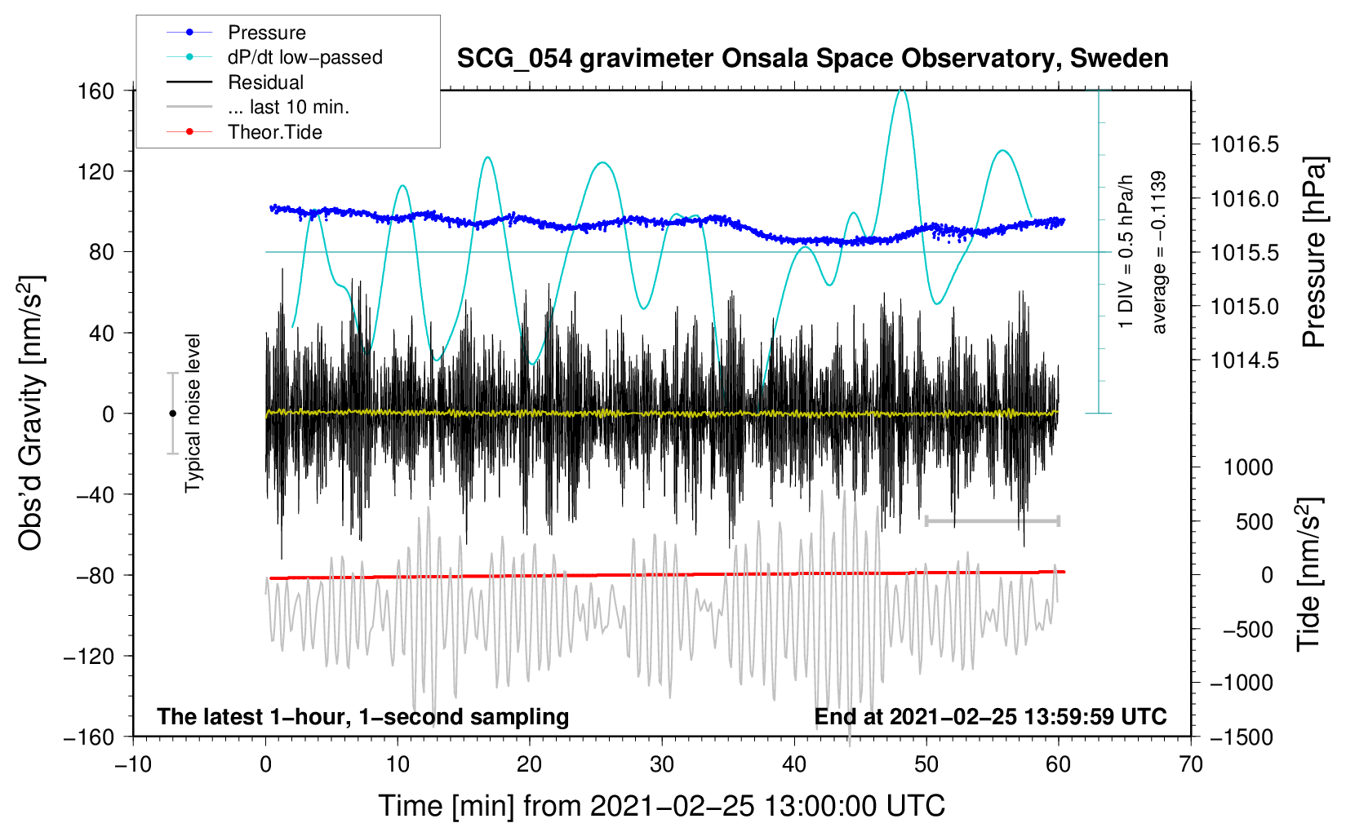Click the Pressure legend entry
tap(266, 33)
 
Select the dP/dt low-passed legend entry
tap(304, 57)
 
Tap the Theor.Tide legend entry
tap(274, 132)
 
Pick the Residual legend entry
tap(265, 82)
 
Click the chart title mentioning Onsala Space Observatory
tap(812, 59)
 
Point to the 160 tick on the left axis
tap(96, 91)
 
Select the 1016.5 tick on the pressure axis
tap(1245, 144)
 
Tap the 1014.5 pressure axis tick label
tap(1245, 360)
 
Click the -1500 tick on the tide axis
tap(1242, 737)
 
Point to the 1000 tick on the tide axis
tap(1248, 467)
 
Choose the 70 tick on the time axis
tap(1191, 764)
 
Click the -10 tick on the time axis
tap(133, 764)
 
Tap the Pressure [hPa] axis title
tap(1313, 252)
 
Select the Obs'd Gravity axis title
tap(31, 413)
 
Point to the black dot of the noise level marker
tap(172, 414)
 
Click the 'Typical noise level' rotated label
tap(193, 413)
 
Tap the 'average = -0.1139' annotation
tap(1159, 252)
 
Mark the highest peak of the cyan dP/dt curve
tap(900, 89)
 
